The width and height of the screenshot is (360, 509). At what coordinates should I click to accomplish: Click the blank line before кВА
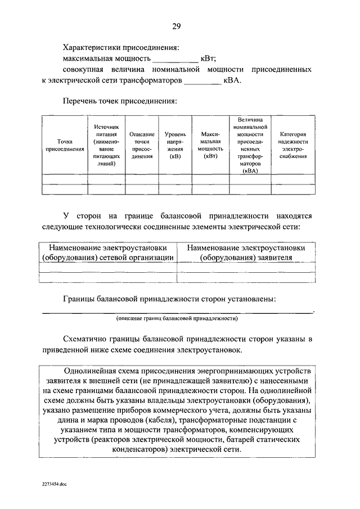pyautogui.click(x=202, y=82)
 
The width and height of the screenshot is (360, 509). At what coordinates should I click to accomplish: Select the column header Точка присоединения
pyautogui.click(x=64, y=146)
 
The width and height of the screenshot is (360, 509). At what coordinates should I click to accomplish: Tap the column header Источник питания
pyautogui.click(x=106, y=146)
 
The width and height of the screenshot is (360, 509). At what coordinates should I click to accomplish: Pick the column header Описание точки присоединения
pyautogui.click(x=142, y=146)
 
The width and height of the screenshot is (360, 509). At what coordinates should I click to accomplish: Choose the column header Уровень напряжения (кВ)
pyautogui.click(x=175, y=146)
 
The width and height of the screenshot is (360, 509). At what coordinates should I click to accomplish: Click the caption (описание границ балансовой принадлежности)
pyautogui.click(x=177, y=319)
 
